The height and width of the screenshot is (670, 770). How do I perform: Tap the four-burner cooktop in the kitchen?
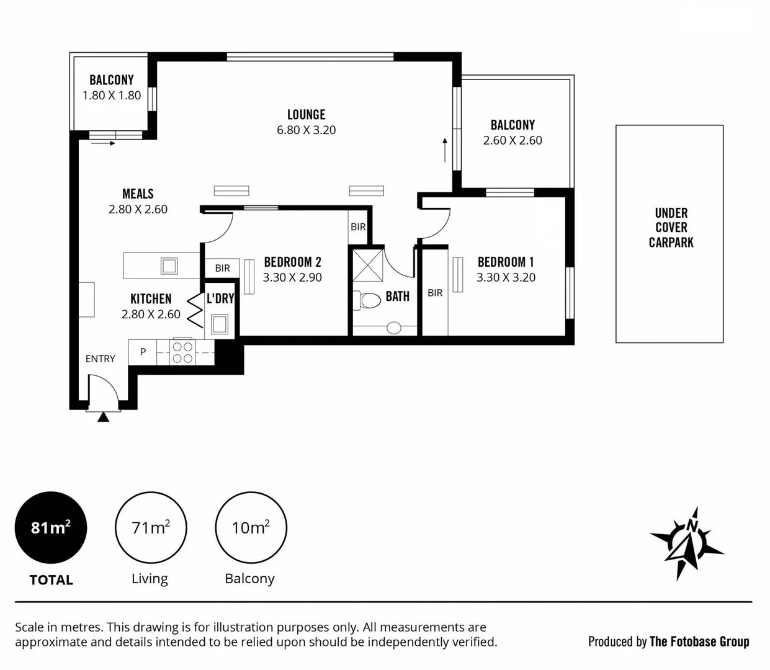[x=182, y=352]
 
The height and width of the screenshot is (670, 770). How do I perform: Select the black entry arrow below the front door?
[x=103, y=417]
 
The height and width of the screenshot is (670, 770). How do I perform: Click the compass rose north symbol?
[x=686, y=544]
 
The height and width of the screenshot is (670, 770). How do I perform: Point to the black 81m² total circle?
[x=51, y=527]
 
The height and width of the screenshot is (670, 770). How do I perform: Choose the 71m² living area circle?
[x=151, y=527]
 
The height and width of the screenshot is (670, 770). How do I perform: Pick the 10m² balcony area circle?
[x=251, y=527]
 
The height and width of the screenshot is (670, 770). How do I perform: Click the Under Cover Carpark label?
[x=671, y=228]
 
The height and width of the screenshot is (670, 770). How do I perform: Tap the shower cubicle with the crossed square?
[x=368, y=266]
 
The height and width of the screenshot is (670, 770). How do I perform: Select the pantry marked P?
[x=143, y=352]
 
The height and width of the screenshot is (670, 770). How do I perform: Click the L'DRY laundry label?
[x=220, y=298]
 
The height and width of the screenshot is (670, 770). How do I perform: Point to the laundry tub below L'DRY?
[x=219, y=324]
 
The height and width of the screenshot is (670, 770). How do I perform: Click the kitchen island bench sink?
[x=169, y=266]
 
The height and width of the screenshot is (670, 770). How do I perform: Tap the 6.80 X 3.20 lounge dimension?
[x=307, y=130]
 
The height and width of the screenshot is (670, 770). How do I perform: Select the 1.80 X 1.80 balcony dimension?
[x=112, y=96]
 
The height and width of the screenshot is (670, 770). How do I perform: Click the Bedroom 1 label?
[x=506, y=262]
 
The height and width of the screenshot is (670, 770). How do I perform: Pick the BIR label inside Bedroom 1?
[x=435, y=293]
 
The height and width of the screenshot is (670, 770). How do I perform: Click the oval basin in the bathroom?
[x=393, y=328]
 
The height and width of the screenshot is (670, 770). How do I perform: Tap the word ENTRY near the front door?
[x=100, y=359]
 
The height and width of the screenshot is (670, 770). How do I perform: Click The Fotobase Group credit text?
[x=700, y=642]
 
